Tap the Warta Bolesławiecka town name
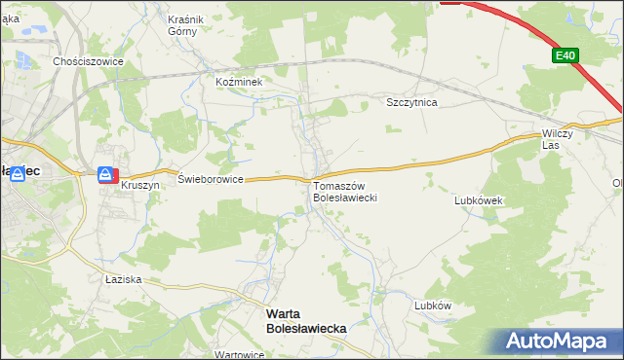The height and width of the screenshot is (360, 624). tap(306, 322)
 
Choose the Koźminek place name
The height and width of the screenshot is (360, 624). tap(240, 83)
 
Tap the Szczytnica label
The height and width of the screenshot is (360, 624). tap(412, 102)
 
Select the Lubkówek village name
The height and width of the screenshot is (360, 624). tap(478, 200)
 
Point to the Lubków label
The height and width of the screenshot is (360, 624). tap(433, 305)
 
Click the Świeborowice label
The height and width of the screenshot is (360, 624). tap(210, 179)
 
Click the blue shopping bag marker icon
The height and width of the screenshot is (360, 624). tap(103, 174)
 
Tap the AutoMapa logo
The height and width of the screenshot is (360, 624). tap(561, 342)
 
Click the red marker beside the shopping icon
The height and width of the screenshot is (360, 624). tap(115, 175)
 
